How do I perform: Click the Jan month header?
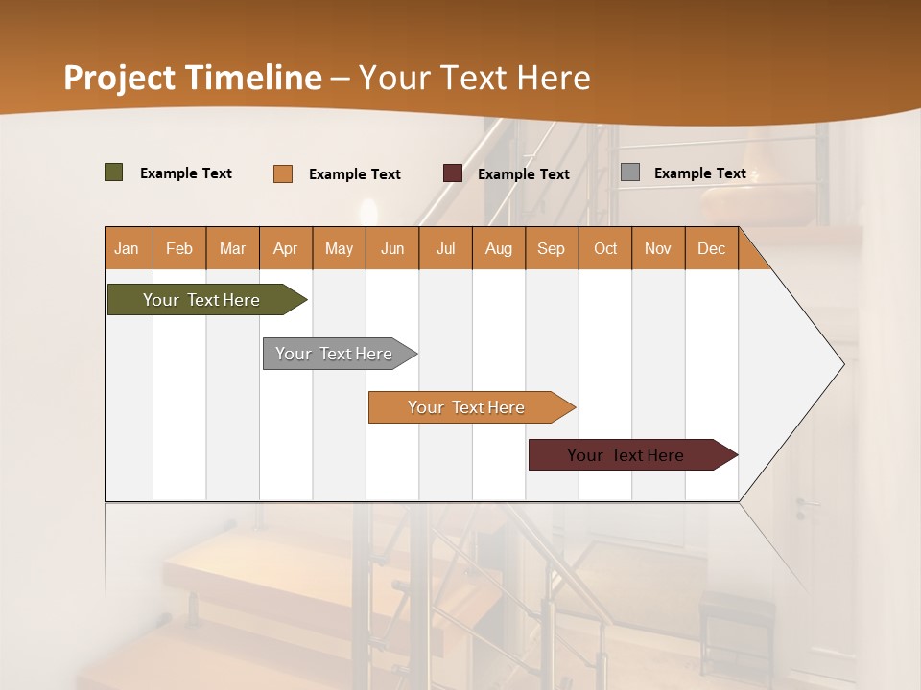click(x=127, y=248)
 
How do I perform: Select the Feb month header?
click(x=179, y=248)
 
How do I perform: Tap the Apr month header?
click(x=286, y=248)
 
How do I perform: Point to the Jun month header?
click(x=392, y=248)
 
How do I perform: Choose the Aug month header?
click(x=499, y=248)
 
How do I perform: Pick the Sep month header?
click(x=552, y=248)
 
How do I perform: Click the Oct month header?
click(x=605, y=248)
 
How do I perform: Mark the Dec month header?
click(x=712, y=248)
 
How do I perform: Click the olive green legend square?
click(x=114, y=172)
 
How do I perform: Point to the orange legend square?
click(x=283, y=173)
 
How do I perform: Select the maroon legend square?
click(x=453, y=173)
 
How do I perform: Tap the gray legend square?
click(x=630, y=172)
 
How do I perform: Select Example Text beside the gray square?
click(x=699, y=173)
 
